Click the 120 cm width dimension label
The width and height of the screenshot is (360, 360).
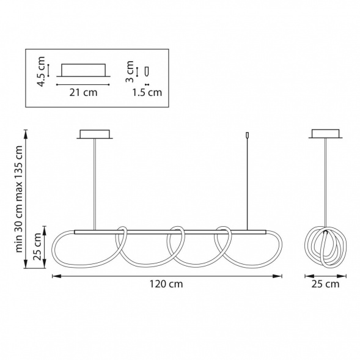coord(166,284)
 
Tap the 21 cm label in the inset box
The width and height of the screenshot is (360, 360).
coord(83,92)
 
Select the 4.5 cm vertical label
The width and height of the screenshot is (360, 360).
coord(42,72)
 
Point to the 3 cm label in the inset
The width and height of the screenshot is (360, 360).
coord(130,72)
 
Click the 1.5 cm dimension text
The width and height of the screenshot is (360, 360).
coord(147,92)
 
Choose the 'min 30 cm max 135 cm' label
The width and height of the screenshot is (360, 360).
coord(19,199)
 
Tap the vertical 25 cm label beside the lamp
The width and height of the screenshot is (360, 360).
coord(37,246)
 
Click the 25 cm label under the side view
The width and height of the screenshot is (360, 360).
coord(325,284)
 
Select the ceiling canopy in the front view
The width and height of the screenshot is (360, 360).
coord(95,134)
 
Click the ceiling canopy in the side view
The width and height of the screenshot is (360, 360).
coord(325,134)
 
